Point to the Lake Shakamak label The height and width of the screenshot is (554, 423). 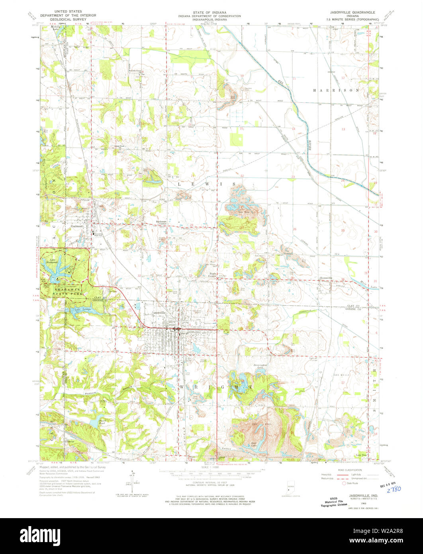(51, 261)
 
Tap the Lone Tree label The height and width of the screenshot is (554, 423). (361, 455)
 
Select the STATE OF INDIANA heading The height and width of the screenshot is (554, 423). (211, 12)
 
